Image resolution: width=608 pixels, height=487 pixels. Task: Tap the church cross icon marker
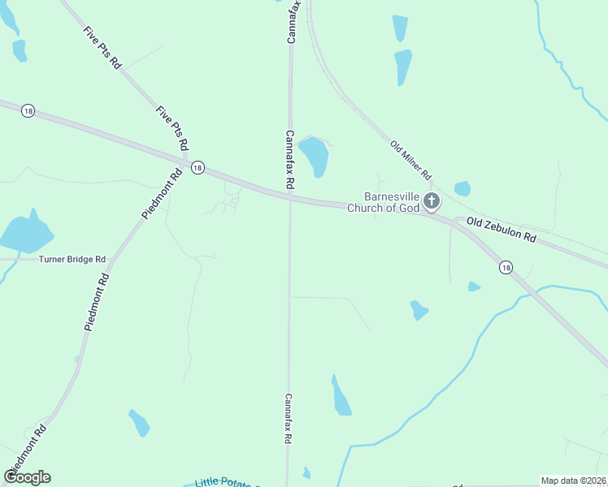click(x=431, y=200)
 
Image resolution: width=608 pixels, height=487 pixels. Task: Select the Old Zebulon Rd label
click(x=501, y=229)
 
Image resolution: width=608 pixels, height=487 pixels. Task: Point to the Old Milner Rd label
click(x=410, y=160)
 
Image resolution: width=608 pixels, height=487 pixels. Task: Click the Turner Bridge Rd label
click(x=72, y=259)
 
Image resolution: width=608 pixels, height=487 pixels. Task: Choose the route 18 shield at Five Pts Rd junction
click(x=197, y=167)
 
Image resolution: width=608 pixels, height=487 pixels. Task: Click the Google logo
click(x=27, y=477)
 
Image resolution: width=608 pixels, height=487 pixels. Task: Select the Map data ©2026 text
click(x=573, y=481)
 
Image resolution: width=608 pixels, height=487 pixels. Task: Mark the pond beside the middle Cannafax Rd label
click(x=314, y=157)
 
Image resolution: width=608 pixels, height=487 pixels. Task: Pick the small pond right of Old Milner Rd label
click(x=462, y=188)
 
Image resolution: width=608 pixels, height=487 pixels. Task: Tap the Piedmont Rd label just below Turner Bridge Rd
click(x=96, y=301)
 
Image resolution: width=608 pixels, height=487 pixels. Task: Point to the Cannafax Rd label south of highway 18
click(x=288, y=418)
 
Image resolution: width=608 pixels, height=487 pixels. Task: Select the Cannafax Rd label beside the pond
click(x=289, y=160)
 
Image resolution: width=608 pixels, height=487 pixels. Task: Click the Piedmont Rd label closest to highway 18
click(x=163, y=193)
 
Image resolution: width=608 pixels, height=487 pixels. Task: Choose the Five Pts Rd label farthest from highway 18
click(x=102, y=47)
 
